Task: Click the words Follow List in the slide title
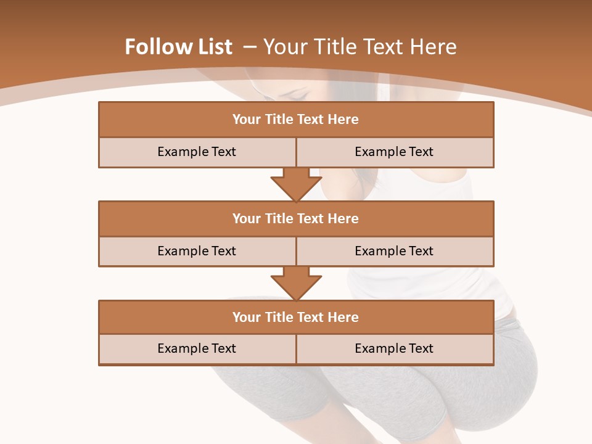click(178, 47)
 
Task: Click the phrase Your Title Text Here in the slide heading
click(360, 47)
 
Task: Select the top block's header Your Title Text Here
click(295, 120)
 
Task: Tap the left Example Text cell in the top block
click(197, 152)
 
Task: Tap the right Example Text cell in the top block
click(394, 152)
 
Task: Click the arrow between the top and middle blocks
click(296, 184)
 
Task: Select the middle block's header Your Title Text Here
click(295, 218)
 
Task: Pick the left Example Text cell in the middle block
click(197, 251)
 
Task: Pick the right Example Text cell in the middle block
click(394, 251)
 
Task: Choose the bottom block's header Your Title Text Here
click(295, 317)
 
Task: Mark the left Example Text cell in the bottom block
click(197, 348)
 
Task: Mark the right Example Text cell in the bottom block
click(394, 348)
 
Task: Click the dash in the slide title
click(250, 47)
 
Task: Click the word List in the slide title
click(213, 47)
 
